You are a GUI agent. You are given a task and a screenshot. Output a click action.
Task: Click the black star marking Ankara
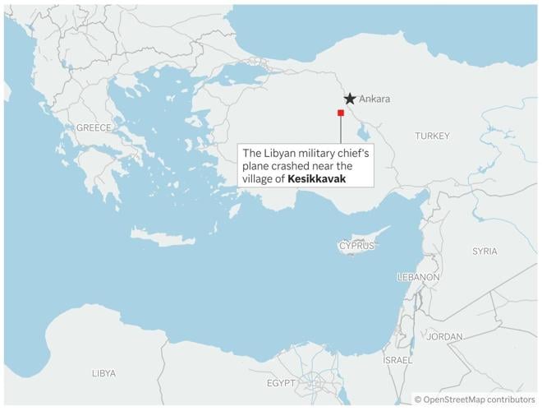(x=350, y=99)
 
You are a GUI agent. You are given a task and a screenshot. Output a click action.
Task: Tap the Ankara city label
(x=374, y=99)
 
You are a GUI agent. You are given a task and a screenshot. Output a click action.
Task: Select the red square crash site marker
(x=340, y=113)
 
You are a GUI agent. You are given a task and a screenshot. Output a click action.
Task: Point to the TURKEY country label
(x=432, y=136)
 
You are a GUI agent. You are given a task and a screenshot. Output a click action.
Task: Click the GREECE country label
(x=93, y=127)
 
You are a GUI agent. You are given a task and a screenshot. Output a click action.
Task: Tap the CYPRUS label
(x=356, y=246)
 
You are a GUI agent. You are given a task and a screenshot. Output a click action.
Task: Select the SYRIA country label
(x=485, y=251)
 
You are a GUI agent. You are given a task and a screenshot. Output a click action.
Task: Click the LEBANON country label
(x=418, y=278)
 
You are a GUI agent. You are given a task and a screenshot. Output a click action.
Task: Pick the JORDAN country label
(x=444, y=337)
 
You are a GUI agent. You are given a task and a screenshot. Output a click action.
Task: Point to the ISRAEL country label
(x=397, y=361)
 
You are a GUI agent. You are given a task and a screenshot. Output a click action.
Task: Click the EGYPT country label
(x=280, y=383)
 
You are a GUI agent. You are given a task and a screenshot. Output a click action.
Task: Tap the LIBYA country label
(x=103, y=373)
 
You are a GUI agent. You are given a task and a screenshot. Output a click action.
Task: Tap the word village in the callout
(x=258, y=178)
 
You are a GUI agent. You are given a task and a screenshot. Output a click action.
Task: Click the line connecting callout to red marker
(x=340, y=130)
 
